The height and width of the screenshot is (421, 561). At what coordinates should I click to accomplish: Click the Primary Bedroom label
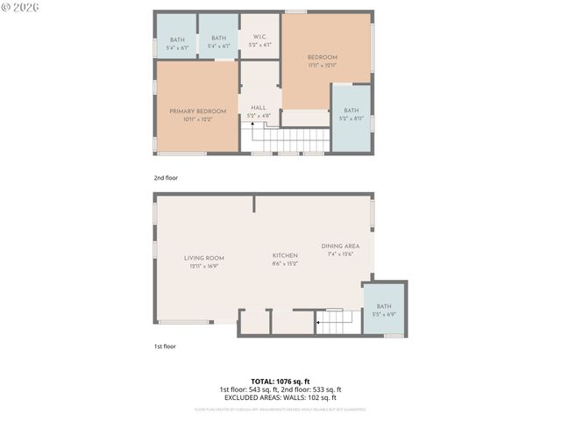(x=197, y=111)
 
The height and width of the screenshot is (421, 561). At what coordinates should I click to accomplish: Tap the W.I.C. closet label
(x=259, y=37)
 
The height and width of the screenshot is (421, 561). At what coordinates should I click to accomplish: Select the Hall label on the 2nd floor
(x=259, y=107)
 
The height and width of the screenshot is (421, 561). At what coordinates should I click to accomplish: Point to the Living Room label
(x=203, y=258)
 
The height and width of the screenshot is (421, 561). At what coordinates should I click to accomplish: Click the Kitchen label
(x=285, y=255)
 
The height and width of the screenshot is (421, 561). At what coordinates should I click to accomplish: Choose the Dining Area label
(x=340, y=246)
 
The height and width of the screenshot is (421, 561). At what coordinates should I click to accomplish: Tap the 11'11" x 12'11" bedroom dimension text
(x=323, y=65)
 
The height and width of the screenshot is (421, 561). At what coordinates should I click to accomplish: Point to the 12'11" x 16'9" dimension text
(x=203, y=266)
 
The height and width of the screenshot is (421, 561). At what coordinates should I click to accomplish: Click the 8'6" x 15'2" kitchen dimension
(x=285, y=263)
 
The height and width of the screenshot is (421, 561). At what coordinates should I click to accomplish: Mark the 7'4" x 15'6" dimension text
(x=340, y=254)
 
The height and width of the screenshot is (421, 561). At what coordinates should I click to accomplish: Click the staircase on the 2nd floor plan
(x=289, y=139)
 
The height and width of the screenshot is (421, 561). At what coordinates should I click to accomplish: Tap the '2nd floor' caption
(x=166, y=178)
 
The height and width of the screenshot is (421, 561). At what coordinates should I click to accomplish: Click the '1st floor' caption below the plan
(x=165, y=346)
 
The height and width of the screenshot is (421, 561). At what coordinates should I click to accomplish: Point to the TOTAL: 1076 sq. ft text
(x=280, y=382)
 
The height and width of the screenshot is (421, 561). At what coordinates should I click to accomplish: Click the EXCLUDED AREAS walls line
(x=280, y=397)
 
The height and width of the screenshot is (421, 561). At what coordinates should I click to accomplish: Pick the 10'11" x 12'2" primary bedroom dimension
(x=197, y=119)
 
